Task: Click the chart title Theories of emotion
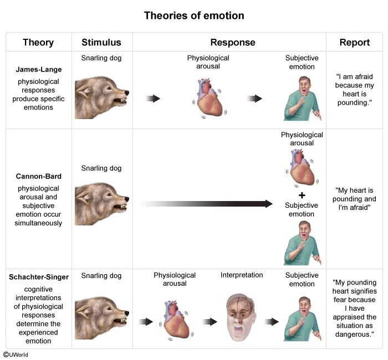(x=194, y=16)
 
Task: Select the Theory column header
(x=38, y=43)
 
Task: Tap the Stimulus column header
(x=101, y=43)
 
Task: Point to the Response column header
(x=233, y=43)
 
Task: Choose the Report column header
(x=355, y=43)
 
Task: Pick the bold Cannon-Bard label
(x=38, y=177)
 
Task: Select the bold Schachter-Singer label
(x=38, y=277)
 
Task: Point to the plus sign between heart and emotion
(x=302, y=196)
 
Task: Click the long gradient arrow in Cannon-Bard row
(x=205, y=204)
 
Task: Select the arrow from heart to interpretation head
(x=210, y=322)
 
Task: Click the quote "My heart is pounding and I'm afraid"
(x=355, y=199)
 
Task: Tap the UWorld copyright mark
(x=16, y=354)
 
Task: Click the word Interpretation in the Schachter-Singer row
(x=242, y=275)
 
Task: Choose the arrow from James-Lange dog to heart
(x=152, y=99)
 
